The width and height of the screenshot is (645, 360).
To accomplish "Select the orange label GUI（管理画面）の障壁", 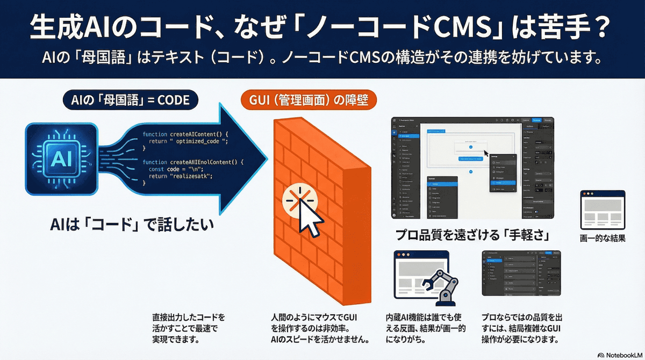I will (x=308, y=100).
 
